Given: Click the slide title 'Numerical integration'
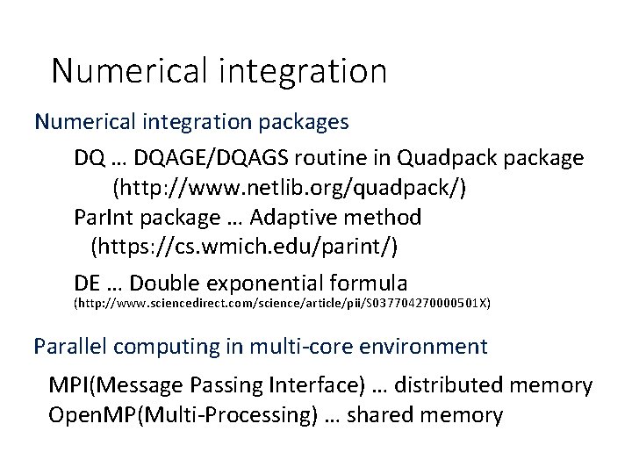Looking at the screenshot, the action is point(219,71).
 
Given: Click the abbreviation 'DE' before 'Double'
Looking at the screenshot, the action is point(90,283).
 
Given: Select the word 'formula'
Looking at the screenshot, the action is point(373,283).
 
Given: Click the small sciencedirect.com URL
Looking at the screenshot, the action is point(282,305).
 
